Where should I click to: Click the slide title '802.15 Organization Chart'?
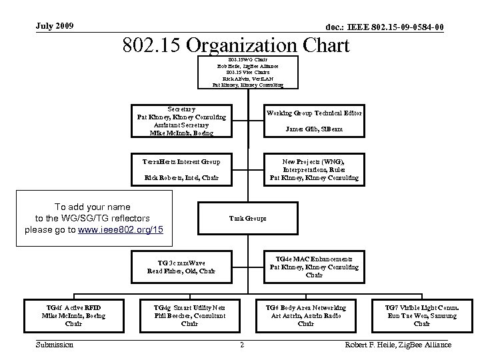click(x=236, y=45)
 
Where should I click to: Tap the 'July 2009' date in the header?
click(x=54, y=26)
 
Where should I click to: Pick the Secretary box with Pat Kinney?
click(x=181, y=121)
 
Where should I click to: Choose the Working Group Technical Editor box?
click(x=314, y=121)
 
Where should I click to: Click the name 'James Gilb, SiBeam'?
click(x=314, y=129)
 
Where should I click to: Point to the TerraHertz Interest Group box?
click(x=181, y=169)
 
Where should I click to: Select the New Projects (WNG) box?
click(x=314, y=169)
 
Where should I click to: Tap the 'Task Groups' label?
click(x=247, y=218)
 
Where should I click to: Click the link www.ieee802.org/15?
click(x=121, y=229)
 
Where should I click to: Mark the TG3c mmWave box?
click(x=181, y=267)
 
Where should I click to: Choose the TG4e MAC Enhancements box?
click(x=314, y=267)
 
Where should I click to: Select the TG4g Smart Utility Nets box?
click(x=189, y=315)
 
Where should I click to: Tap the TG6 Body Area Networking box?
click(x=305, y=315)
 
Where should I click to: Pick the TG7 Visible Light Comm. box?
click(x=422, y=315)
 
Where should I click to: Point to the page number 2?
click(x=241, y=345)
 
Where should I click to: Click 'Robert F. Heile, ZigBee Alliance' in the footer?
click(x=396, y=345)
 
